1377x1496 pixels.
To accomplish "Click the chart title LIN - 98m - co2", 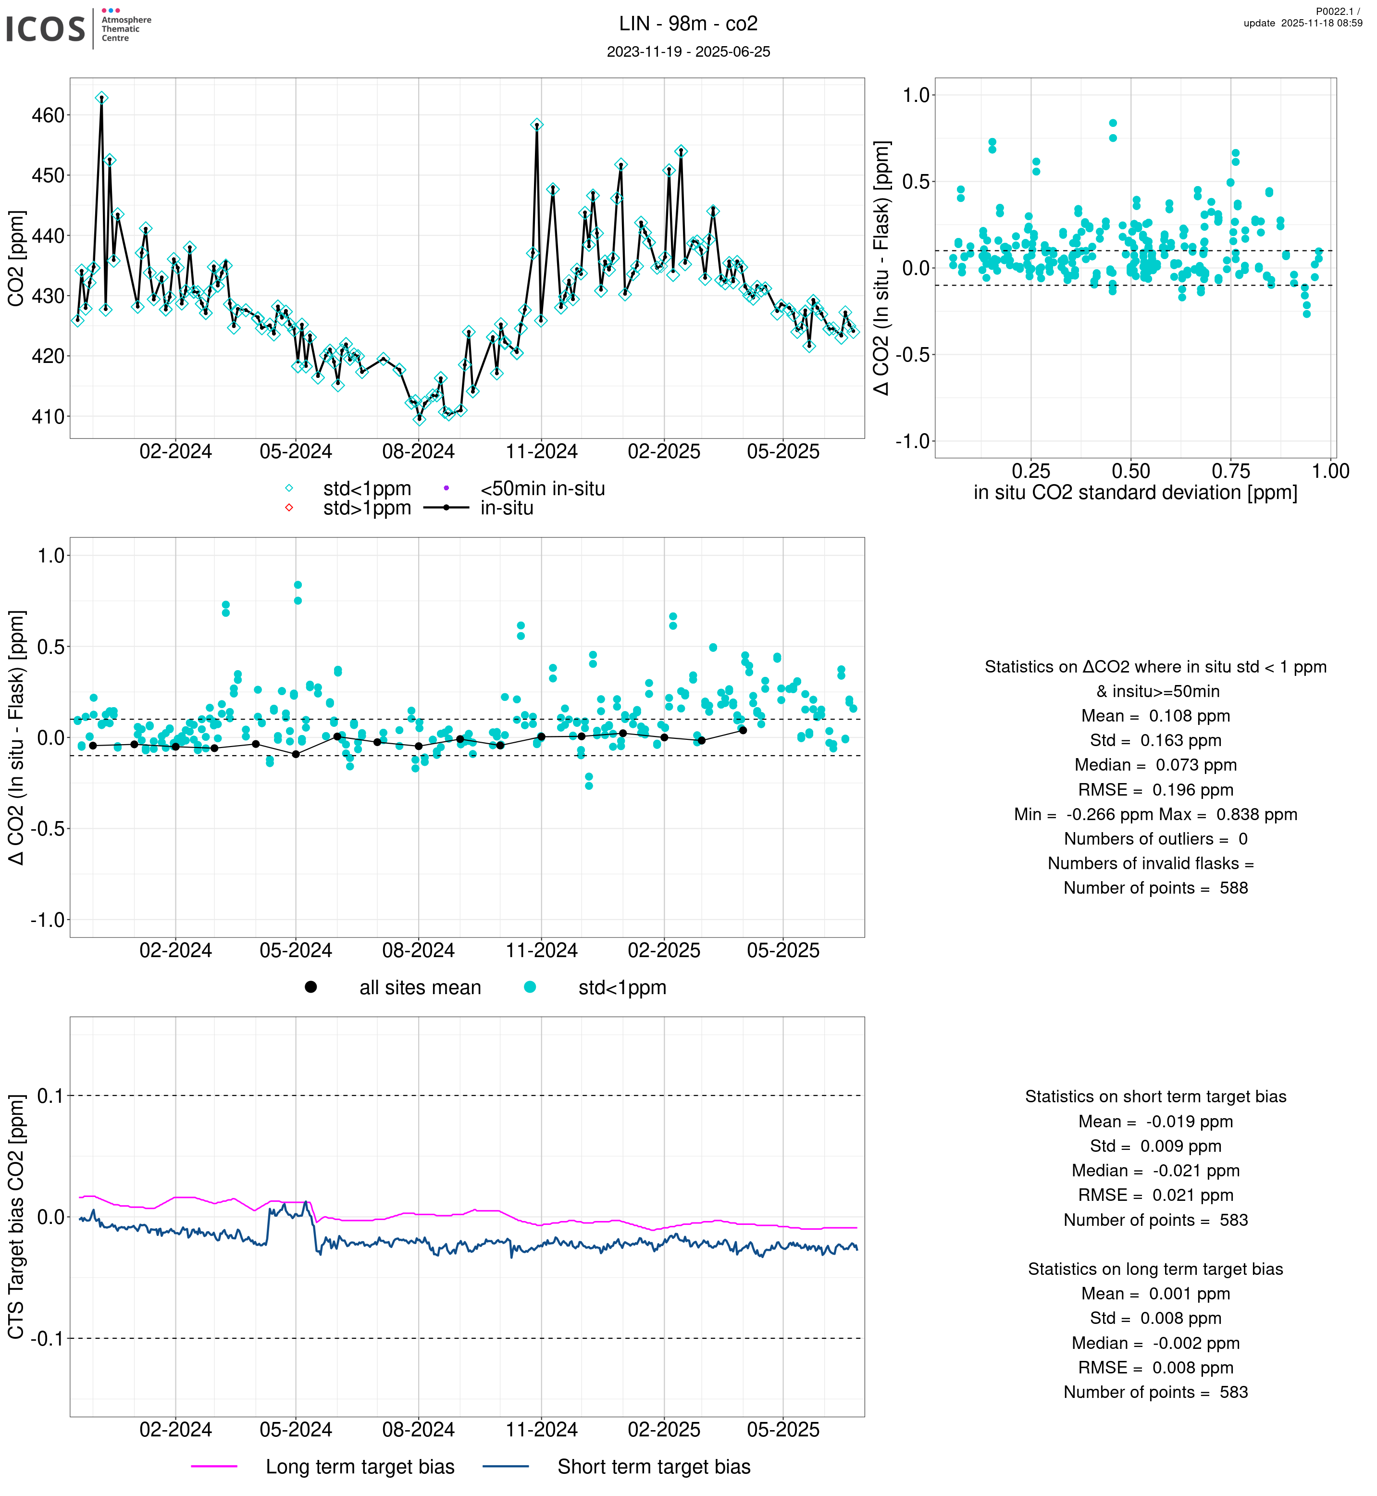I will click(x=688, y=24).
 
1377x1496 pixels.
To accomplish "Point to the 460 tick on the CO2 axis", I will click(x=48, y=115).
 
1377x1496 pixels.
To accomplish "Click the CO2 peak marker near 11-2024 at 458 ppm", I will click(x=536, y=125).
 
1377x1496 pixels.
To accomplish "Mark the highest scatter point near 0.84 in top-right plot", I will click(x=1113, y=124).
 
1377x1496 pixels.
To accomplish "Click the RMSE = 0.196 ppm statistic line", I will click(x=1155, y=790).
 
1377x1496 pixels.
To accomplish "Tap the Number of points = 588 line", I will click(x=1155, y=888).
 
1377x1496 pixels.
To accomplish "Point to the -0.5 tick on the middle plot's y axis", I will click(x=47, y=829).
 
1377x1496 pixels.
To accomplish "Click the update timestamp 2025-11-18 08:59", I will click(x=1303, y=23).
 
